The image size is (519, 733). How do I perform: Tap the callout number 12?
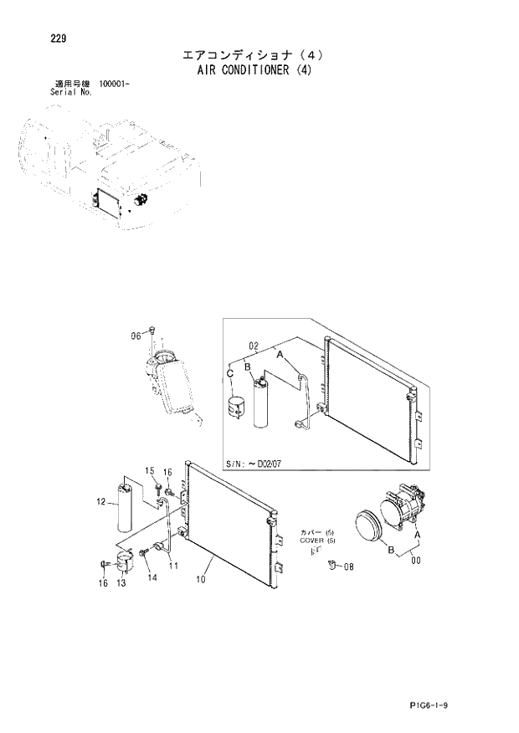101,502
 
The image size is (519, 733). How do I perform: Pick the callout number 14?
152,577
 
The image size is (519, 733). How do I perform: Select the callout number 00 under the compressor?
415,561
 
